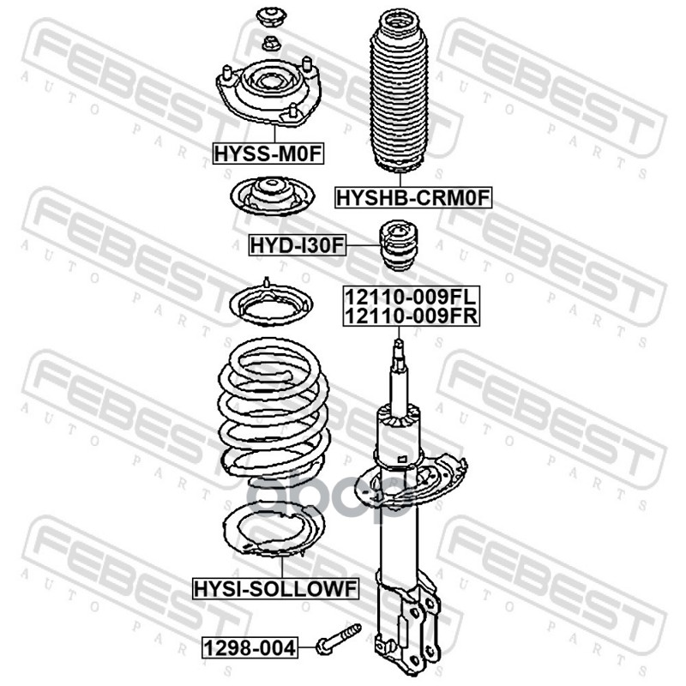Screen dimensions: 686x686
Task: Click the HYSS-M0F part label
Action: pos(268,153)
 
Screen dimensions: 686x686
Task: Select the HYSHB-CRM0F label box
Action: pos(413,198)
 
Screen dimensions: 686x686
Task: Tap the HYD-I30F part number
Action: pos(297,245)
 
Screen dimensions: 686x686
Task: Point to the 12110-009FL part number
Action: pos(411,297)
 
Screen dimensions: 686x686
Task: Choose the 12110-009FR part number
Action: pos(411,316)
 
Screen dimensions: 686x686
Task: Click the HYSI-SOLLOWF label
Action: pos(276,588)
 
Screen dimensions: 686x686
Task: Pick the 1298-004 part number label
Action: pos(250,648)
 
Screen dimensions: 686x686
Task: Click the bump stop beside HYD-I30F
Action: pos(398,245)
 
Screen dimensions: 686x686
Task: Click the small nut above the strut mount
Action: pos(271,44)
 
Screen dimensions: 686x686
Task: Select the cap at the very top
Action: pos(271,17)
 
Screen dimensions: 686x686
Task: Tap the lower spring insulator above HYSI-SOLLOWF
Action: pos(274,530)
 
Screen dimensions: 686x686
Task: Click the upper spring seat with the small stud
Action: pos(270,304)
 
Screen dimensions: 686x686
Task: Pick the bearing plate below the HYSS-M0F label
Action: pos(272,196)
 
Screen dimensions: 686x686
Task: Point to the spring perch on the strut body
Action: pos(410,483)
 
